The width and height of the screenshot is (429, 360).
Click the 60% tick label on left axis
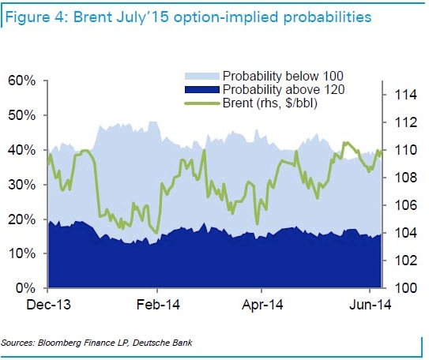pyautogui.click(x=22, y=81)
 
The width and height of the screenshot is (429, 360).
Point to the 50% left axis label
pyautogui.click(x=22, y=115)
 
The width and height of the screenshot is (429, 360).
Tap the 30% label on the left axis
pyautogui.click(x=22, y=185)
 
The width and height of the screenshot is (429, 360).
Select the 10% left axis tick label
pyautogui.click(x=22, y=253)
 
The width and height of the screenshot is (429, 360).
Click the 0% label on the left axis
pyautogui.click(x=26, y=288)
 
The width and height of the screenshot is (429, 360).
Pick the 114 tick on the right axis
pyautogui.click(x=405, y=95)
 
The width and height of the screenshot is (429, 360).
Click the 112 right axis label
pyautogui.click(x=405, y=122)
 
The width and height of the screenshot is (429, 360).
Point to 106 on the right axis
pyautogui.click(x=405, y=205)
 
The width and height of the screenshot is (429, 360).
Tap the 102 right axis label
pyautogui.click(x=405, y=261)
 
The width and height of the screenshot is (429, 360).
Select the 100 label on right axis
pyautogui.click(x=405, y=288)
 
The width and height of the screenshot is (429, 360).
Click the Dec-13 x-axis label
pyautogui.click(x=49, y=305)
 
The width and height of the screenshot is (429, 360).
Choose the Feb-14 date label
pyautogui.click(x=158, y=305)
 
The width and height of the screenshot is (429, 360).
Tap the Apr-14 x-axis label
pyautogui.click(x=262, y=305)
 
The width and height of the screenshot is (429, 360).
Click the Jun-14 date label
pyautogui.click(x=371, y=305)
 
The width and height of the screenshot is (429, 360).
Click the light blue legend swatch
pyautogui.click(x=202, y=76)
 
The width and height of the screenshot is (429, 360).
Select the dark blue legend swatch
pyautogui.click(x=202, y=90)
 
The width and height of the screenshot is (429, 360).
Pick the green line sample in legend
pyautogui.click(x=202, y=103)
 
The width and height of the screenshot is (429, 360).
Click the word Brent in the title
pyautogui.click(x=93, y=17)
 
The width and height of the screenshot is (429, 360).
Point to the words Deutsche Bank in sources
pyautogui.click(x=163, y=343)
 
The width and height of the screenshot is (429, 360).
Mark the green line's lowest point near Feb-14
pyautogui.click(x=156, y=233)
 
